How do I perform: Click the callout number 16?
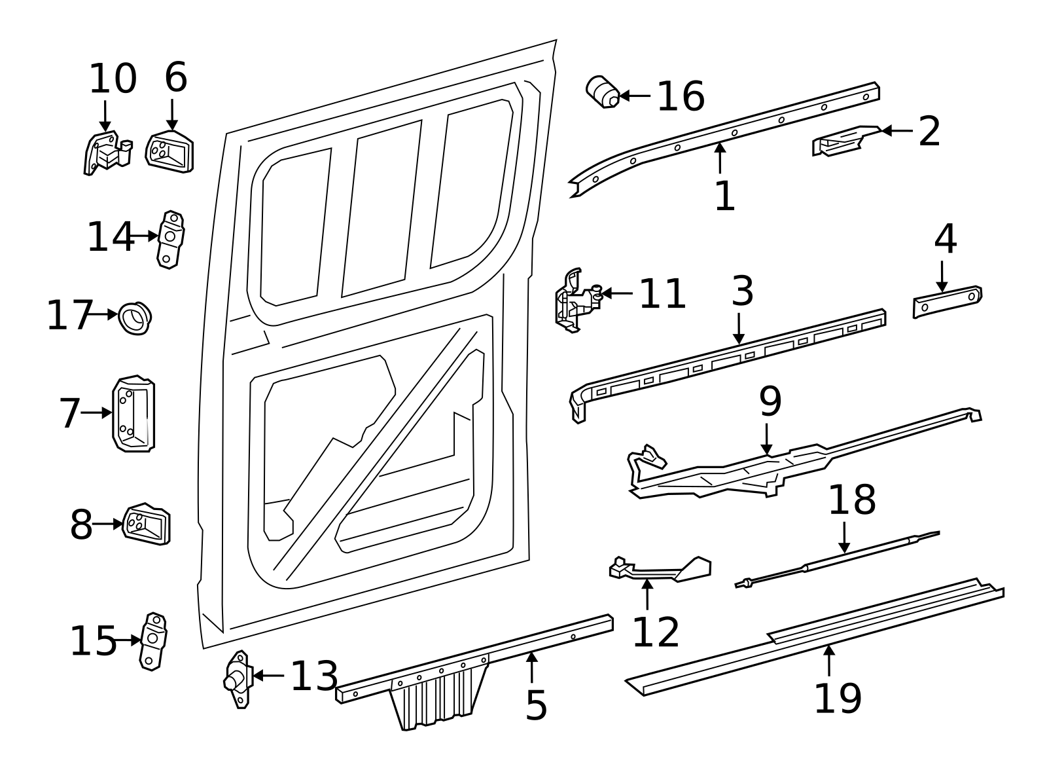point(681,97)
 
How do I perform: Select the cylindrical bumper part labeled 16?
point(603,92)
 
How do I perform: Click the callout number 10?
point(113,79)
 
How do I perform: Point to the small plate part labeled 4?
point(947,302)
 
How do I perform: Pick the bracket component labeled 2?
point(844,141)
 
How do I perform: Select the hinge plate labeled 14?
point(170,240)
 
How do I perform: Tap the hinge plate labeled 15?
point(154,640)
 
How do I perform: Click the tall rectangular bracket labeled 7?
point(133,414)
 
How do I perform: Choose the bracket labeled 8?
point(147,524)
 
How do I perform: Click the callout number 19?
point(837,699)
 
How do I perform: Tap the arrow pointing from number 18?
point(844,538)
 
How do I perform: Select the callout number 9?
point(770,401)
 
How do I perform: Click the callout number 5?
point(536,705)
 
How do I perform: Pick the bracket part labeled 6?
point(169,151)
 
